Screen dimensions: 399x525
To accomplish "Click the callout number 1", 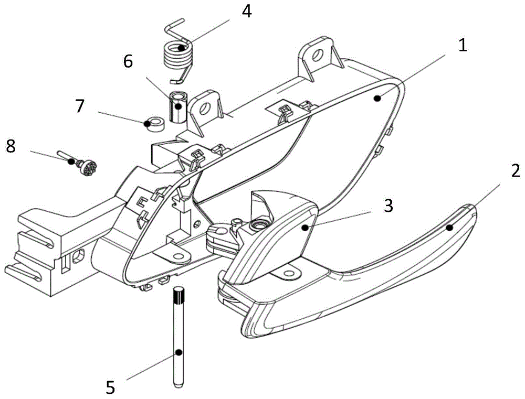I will point(462,46).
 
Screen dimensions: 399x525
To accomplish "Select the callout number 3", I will point(388,206).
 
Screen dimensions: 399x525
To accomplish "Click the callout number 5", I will point(110,387).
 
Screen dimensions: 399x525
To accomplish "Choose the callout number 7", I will point(79,106).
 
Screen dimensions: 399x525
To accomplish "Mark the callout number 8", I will point(10,146).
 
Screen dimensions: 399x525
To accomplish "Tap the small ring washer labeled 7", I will point(155,123).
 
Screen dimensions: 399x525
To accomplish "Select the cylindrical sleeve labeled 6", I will point(178,106).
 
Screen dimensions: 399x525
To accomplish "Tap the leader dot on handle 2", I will point(449,228).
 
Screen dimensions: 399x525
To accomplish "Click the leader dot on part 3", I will point(304,227).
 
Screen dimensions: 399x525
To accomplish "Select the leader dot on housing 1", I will point(377,98).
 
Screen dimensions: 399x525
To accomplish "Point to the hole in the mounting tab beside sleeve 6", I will point(205,110).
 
